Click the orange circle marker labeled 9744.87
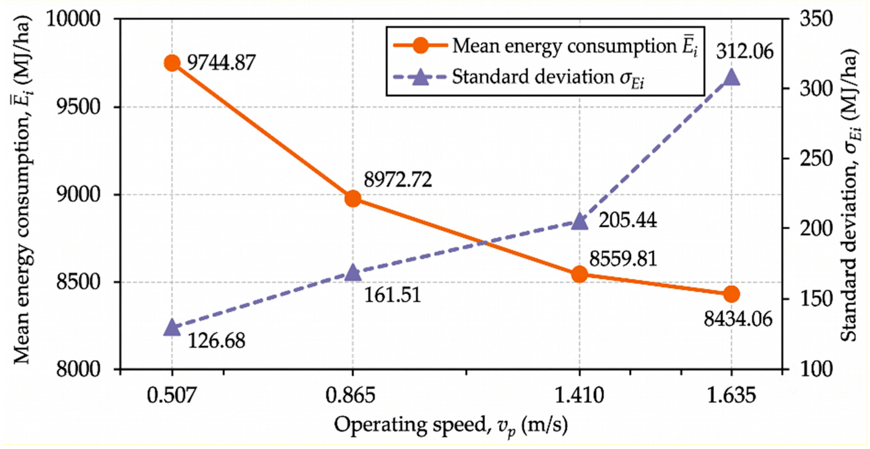click(172, 63)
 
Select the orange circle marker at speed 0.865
click(353, 198)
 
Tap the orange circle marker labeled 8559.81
click(579, 274)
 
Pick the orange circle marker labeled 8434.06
click(731, 294)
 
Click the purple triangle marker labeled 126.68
click(172, 328)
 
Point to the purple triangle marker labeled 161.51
click(353, 273)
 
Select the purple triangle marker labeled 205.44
click(579, 222)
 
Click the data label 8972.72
click(398, 180)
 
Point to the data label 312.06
click(744, 52)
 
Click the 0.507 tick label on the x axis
click(172, 395)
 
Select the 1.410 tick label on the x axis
click(579, 395)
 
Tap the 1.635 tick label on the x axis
click(731, 395)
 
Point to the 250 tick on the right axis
click(816, 159)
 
